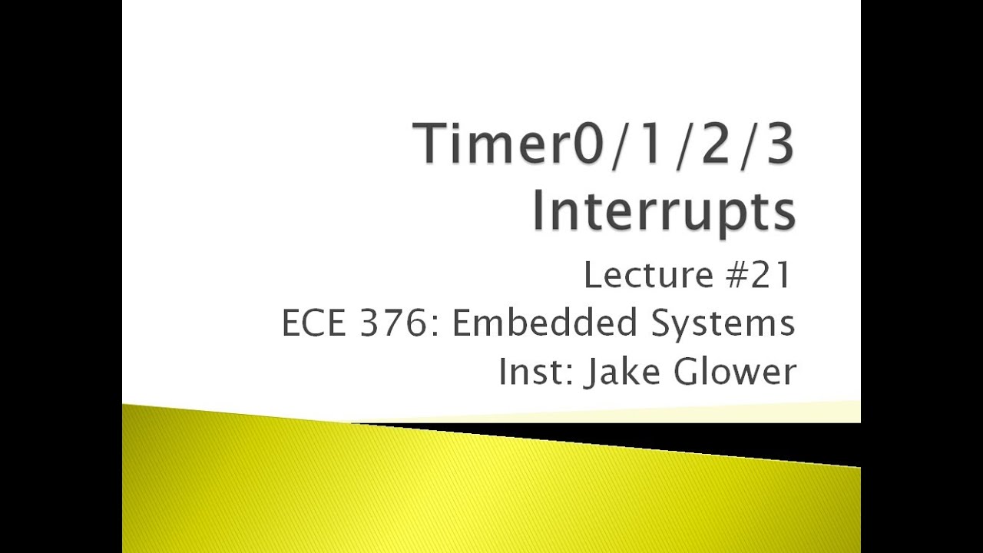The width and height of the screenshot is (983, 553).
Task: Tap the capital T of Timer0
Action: [x=433, y=145]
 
